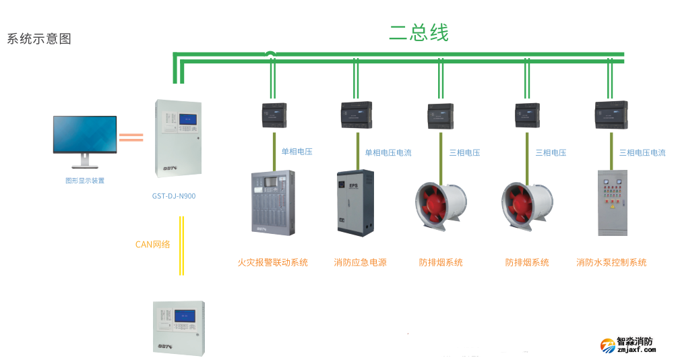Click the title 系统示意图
[39, 39]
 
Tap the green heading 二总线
[419, 32]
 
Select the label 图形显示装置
[85, 181]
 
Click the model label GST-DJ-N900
[174, 197]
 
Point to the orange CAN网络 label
[153, 244]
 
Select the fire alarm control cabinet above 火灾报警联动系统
[272, 203]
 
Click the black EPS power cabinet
[355, 203]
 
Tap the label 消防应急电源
[361, 262]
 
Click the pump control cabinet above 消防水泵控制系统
[612, 203]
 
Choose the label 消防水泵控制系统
[611, 262]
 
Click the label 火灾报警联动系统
[272, 262]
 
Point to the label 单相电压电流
[388, 153]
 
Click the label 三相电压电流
[642, 153]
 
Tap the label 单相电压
[297, 152]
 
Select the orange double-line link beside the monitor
[131, 138]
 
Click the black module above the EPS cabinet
[357, 115]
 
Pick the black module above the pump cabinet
[611, 115]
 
